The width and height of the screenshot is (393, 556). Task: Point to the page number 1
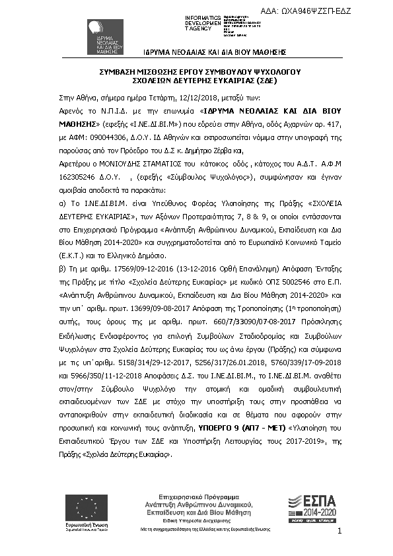(339, 532)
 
